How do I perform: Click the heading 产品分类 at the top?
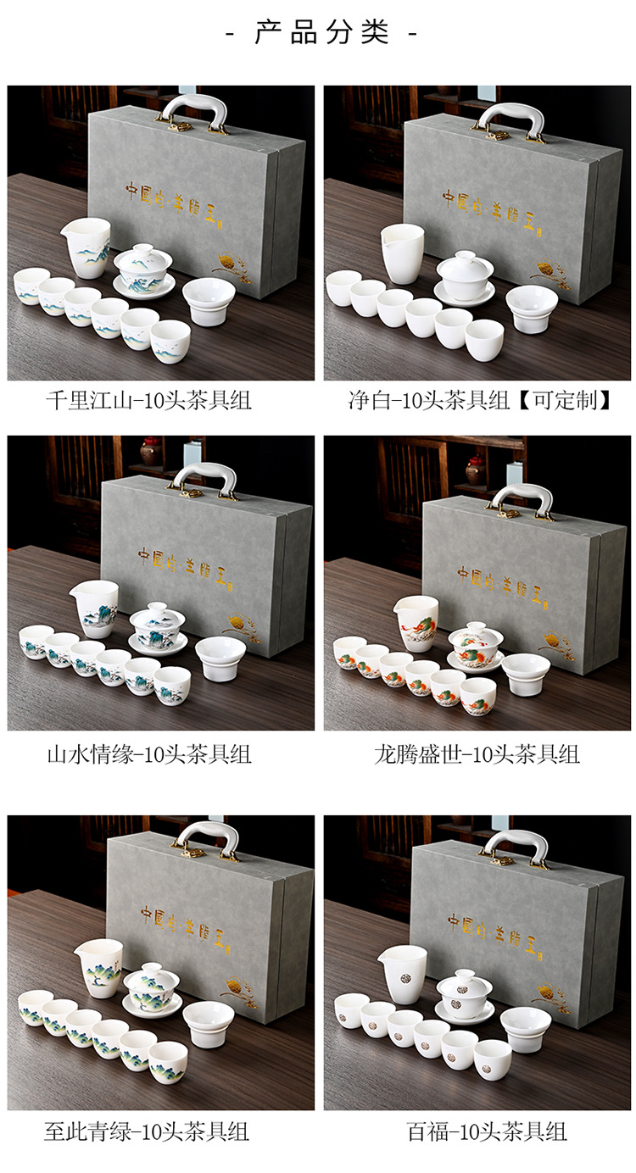(x=321, y=33)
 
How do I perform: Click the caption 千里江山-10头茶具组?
(x=148, y=400)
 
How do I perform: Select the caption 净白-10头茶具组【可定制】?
(x=480, y=400)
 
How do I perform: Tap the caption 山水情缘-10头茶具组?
(x=148, y=753)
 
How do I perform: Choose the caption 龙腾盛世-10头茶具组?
(x=477, y=753)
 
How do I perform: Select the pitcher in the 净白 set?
(x=402, y=252)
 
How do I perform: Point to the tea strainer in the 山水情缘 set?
(x=220, y=658)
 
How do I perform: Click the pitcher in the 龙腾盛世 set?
(x=417, y=622)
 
